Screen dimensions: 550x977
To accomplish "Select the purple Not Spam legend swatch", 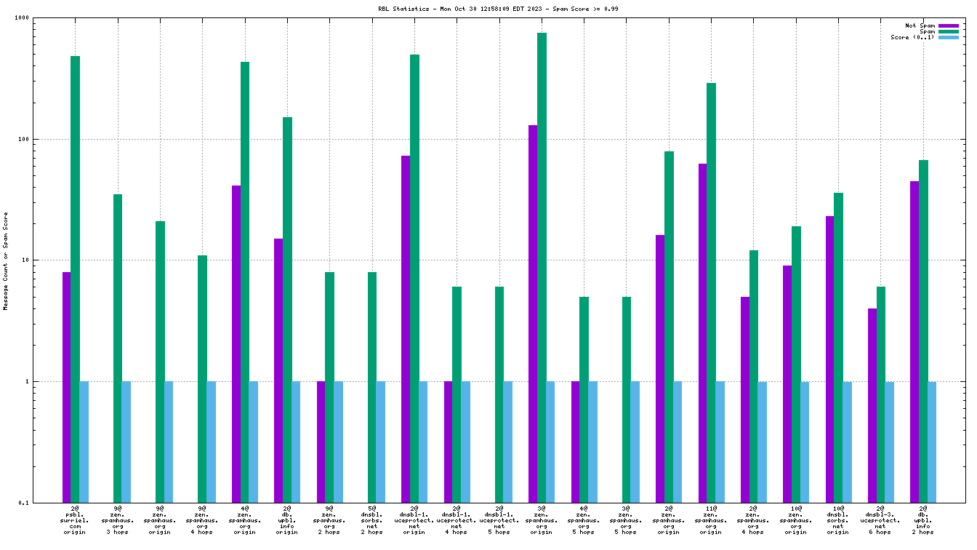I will pos(949,25).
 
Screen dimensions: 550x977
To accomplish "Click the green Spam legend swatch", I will pos(949,31).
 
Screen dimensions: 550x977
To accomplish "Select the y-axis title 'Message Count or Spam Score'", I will pos(6,260).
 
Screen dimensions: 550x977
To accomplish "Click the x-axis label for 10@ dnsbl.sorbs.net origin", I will pos(838,521).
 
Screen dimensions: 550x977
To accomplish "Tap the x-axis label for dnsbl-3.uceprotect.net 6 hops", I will pos(880,521).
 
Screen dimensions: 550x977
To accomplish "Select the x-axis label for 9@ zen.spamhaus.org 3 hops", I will pos(118,521).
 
